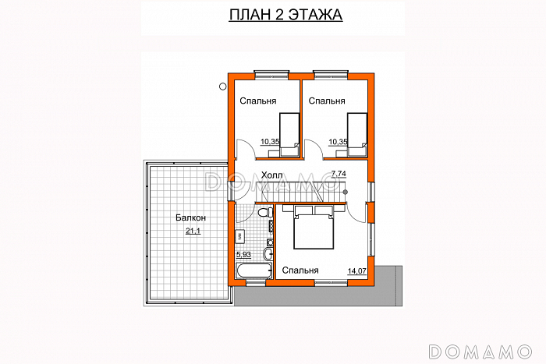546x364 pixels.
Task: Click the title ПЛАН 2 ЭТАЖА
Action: (285, 15)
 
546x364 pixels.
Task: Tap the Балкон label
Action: (190, 217)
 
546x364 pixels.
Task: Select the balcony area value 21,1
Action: (193, 231)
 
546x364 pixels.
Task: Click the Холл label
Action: (271, 175)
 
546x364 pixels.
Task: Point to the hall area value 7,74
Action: (339, 174)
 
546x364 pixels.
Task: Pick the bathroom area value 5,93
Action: (243, 255)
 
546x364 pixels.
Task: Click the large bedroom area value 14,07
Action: (357, 270)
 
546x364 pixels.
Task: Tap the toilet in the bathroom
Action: (265, 211)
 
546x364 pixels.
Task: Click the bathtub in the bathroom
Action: (253, 270)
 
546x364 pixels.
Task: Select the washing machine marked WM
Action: (240, 237)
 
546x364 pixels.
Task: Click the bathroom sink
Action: (268, 253)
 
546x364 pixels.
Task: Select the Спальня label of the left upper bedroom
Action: (258, 101)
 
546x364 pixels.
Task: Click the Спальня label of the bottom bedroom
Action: (300, 270)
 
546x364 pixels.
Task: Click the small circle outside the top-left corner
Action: (222, 87)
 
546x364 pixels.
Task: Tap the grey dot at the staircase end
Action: (345, 192)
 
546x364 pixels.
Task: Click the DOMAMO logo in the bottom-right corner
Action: (480, 352)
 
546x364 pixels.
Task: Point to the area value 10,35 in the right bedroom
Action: (338, 142)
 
